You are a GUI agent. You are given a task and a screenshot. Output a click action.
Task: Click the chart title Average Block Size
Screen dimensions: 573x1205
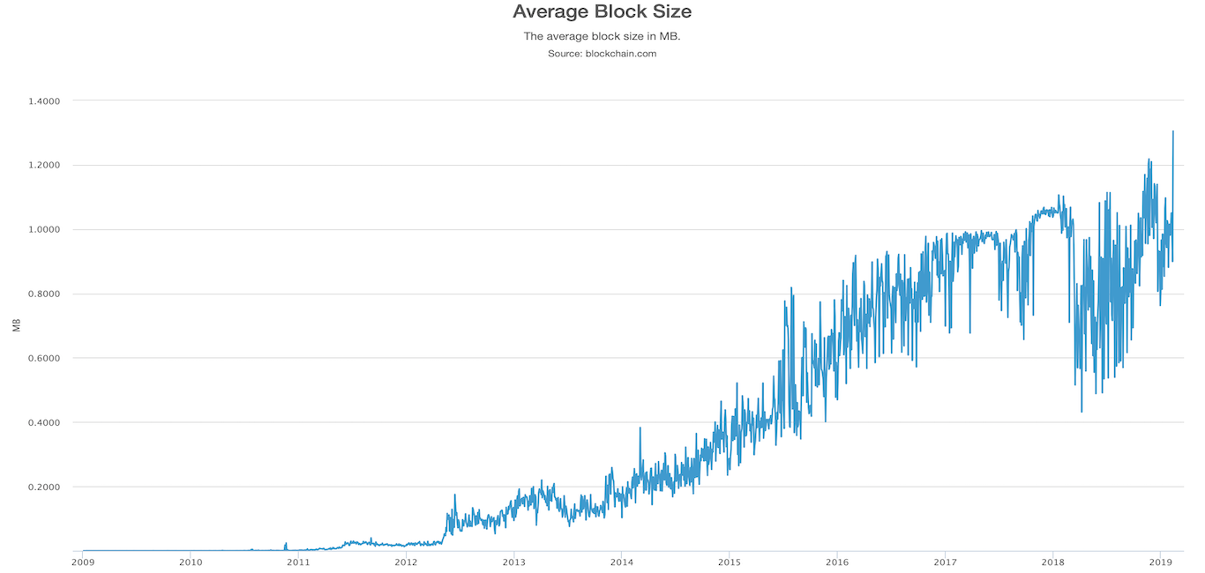(x=602, y=12)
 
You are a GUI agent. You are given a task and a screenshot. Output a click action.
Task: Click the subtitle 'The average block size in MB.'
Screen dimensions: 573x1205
(x=602, y=36)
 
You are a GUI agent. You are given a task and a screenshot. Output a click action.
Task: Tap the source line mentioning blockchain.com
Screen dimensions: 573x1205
(x=602, y=54)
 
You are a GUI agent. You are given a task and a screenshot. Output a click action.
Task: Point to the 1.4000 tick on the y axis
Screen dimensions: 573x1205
(x=43, y=100)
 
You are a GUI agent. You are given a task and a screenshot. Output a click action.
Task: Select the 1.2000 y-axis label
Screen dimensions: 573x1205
(x=43, y=165)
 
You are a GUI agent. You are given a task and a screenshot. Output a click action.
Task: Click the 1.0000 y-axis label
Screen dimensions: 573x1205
(x=43, y=229)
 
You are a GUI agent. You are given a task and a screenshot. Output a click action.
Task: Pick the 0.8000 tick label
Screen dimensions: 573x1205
(x=43, y=294)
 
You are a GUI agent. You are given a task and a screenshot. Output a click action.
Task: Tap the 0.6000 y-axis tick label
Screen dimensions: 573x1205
(x=43, y=358)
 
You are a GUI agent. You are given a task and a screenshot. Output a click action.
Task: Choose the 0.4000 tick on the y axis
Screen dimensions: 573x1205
(x=43, y=422)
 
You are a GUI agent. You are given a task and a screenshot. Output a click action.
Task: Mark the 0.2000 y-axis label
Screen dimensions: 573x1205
(x=43, y=487)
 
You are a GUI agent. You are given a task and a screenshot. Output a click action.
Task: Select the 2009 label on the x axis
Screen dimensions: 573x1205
(x=83, y=561)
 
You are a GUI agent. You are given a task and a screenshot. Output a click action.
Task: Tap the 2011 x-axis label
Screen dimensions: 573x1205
(x=298, y=561)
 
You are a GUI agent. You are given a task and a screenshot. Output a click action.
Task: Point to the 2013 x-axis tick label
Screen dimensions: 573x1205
(x=514, y=561)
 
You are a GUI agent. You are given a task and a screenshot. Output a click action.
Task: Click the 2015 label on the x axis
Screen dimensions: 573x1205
(x=730, y=561)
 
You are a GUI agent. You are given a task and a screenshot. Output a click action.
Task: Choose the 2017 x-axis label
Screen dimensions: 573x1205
(x=945, y=561)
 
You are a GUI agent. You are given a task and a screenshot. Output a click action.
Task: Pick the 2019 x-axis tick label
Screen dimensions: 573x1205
(x=1161, y=561)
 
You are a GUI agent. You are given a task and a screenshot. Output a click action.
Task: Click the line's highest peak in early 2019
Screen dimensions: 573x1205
(x=1173, y=131)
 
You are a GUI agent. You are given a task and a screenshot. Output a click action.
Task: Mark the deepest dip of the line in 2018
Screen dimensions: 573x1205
(x=1082, y=412)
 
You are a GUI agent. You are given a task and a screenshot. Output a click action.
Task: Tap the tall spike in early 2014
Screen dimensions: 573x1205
(x=640, y=428)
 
